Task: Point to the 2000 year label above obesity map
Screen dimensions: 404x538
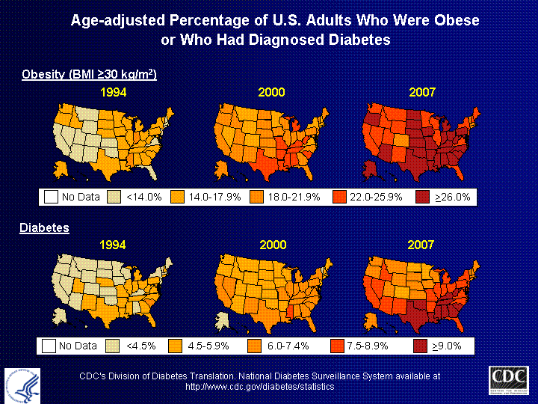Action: (272, 93)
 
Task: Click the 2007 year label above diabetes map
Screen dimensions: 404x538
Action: (422, 245)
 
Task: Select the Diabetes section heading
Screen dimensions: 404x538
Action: (44, 227)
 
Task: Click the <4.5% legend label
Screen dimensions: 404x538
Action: (140, 346)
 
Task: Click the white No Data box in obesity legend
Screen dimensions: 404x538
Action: (51, 198)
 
